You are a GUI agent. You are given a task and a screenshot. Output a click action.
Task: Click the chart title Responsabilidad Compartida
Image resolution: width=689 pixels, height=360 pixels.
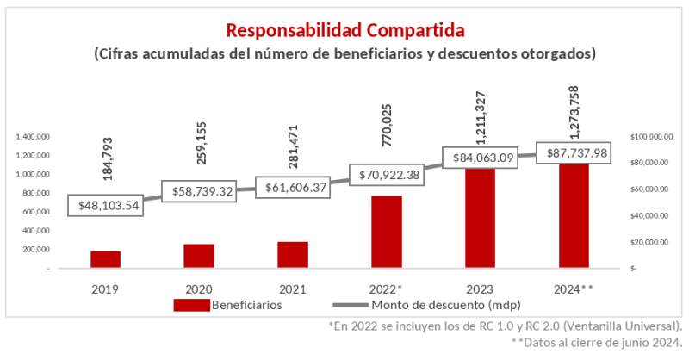[344, 30]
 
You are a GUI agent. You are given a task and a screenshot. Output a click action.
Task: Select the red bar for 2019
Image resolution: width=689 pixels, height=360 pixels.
[105, 259]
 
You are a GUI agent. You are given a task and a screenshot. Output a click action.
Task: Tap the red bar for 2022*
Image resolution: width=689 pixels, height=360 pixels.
[386, 232]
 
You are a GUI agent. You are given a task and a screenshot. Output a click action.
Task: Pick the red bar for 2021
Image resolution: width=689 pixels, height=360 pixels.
[292, 254]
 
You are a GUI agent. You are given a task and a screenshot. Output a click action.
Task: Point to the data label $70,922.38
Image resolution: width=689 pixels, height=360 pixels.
[386, 175]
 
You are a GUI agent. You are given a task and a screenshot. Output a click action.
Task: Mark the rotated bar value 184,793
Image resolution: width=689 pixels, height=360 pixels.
[108, 157]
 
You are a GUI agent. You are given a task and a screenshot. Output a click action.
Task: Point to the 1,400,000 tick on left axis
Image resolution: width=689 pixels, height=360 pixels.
[33, 137]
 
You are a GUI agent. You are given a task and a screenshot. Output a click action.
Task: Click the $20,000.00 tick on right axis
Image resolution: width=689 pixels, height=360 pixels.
[652, 242]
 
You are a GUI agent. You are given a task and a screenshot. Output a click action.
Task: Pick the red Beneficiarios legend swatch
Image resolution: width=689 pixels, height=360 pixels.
[191, 305]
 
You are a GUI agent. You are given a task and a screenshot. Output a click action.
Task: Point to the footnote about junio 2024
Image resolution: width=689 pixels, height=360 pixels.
[597, 342]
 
